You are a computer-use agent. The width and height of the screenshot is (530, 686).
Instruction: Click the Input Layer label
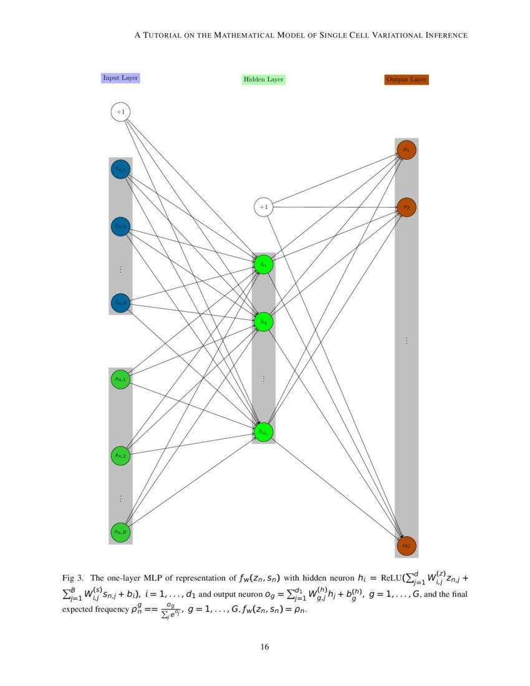click(120, 78)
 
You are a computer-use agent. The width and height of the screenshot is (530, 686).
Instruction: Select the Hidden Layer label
click(263, 80)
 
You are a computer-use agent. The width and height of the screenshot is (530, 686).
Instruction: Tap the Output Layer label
click(407, 80)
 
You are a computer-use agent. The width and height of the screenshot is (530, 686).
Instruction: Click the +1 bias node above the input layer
click(120, 112)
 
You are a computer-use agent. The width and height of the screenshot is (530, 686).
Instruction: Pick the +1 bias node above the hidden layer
click(264, 207)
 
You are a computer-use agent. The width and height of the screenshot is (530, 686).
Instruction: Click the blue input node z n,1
click(120, 169)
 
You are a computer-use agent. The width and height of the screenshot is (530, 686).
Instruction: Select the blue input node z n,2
click(120, 226)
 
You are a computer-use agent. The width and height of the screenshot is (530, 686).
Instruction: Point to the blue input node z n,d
click(120, 302)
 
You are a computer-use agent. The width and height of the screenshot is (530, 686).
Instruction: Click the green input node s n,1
click(120, 379)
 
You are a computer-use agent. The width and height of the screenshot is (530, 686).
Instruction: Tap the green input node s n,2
click(120, 455)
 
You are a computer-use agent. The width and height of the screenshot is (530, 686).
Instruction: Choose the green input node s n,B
click(120, 532)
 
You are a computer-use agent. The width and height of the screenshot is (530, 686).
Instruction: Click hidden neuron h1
click(264, 264)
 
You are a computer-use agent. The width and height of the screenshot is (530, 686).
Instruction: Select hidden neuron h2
click(264, 322)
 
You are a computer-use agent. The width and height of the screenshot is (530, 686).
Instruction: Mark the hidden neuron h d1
click(264, 432)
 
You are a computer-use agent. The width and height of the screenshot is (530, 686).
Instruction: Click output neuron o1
click(406, 150)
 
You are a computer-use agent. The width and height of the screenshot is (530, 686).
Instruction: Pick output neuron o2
click(406, 206)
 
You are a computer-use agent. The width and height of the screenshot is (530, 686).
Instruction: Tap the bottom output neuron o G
click(406, 546)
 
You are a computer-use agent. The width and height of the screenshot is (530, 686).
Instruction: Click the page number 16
click(265, 647)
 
